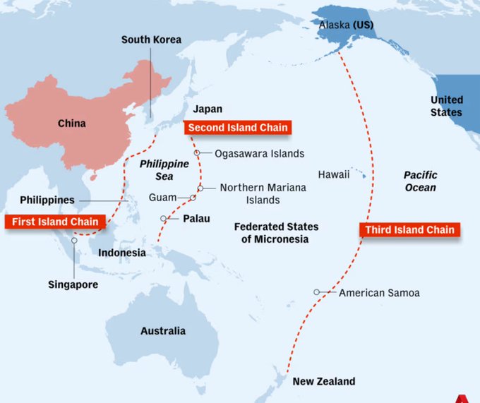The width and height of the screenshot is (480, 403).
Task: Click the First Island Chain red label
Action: coord(55,222)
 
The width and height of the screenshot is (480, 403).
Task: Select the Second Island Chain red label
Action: coord(237,128)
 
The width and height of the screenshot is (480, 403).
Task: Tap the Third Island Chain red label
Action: coord(409,229)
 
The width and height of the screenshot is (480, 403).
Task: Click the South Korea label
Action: coord(151,40)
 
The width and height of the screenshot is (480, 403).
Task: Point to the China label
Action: coord(71,124)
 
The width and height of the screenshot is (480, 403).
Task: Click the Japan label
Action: coord(208,109)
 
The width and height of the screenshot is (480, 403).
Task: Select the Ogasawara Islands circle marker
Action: coord(198,153)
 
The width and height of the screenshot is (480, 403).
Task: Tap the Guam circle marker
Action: coord(192,198)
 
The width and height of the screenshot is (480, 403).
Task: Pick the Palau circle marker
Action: coord(164,218)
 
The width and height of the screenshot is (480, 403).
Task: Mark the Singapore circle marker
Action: coord(74,241)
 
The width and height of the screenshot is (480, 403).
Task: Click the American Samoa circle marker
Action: coord(318,292)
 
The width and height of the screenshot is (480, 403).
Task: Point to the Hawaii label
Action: coord(333,174)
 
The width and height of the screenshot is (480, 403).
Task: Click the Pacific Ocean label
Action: coord(420,181)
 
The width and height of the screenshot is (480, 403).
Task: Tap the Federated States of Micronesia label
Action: coord(276,233)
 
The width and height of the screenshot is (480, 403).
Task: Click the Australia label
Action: coord(162,330)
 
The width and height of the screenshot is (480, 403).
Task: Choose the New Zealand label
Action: coord(324,381)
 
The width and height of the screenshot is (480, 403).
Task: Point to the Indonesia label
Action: coord(122,253)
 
